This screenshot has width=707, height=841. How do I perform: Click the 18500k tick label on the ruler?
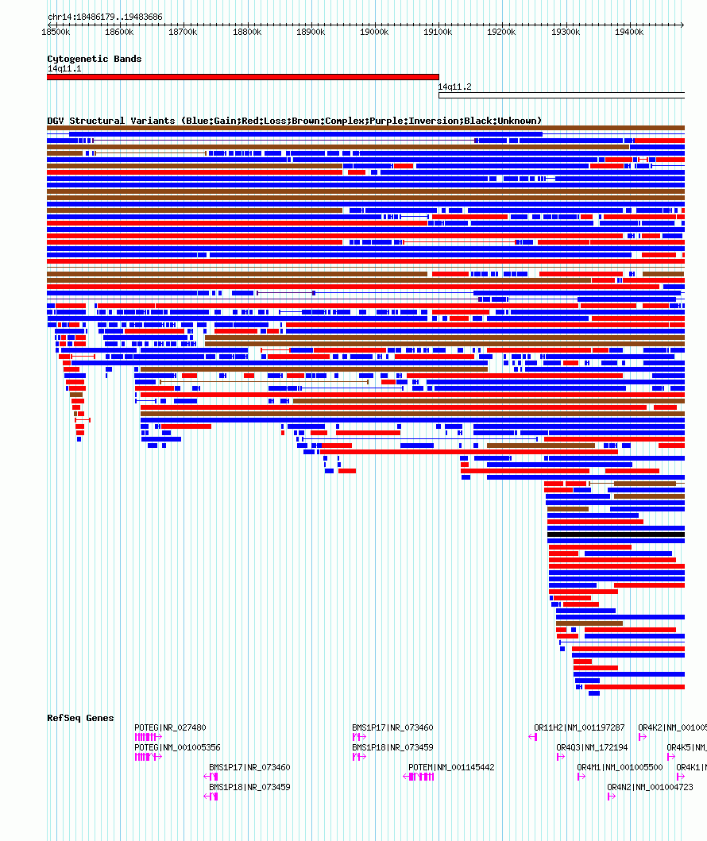[56, 32]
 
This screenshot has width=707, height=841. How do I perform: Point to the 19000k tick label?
[374, 32]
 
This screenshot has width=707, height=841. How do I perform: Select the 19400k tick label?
[629, 32]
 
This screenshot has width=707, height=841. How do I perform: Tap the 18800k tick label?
[247, 32]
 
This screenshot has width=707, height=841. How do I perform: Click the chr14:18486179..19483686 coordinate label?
[105, 17]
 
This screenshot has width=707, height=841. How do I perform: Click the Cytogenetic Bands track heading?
[94, 59]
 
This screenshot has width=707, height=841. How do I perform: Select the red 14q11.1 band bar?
[242, 77]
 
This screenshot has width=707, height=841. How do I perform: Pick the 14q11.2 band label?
[454, 87]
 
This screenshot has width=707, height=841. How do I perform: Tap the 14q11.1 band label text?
[64, 68]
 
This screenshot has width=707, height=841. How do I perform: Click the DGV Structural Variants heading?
[294, 121]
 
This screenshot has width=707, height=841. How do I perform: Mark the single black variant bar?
[616, 534]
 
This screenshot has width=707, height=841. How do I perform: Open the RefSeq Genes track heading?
[80, 718]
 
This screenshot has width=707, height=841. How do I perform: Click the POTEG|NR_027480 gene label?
[170, 727]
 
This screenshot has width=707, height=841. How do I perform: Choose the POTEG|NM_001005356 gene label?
[177, 747]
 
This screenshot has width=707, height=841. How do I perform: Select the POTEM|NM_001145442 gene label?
[451, 767]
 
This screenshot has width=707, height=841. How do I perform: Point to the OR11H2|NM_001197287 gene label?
[579, 727]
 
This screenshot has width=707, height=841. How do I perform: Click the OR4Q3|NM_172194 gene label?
[592, 747]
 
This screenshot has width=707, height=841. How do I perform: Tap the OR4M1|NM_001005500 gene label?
[620, 767]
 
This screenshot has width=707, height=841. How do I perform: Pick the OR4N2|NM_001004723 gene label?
[650, 787]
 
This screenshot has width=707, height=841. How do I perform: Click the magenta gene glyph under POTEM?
[419, 777]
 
